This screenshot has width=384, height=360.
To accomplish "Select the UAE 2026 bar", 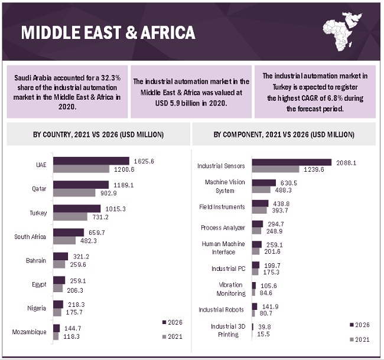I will (x=91, y=161).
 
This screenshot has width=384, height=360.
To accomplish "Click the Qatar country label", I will (x=40, y=189).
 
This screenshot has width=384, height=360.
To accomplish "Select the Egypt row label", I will (x=40, y=284).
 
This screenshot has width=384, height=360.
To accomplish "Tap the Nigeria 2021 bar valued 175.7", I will (x=57, y=312).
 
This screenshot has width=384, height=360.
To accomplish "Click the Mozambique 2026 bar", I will (x=56, y=328).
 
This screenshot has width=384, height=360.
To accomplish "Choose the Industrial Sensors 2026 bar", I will (x=291, y=162).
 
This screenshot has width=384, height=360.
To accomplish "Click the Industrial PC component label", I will (x=228, y=269).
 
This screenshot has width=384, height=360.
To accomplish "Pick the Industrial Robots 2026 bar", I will (x=255, y=306).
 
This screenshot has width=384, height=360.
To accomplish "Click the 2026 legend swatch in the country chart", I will (x=164, y=322).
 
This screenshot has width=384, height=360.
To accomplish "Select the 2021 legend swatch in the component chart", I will (x=352, y=339).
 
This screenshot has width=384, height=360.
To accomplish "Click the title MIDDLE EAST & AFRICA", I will (x=108, y=32).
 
